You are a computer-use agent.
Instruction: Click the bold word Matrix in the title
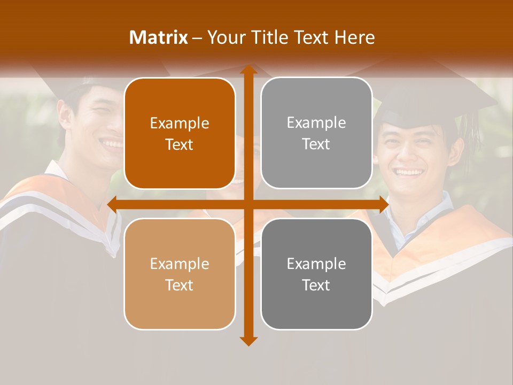pyautogui.click(x=158, y=37)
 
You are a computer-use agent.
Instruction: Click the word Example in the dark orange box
pyautogui.click(x=180, y=124)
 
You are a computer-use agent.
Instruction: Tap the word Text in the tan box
pyautogui.click(x=180, y=285)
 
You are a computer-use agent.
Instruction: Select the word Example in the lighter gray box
pyautogui.click(x=316, y=123)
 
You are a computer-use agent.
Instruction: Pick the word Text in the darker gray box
pyautogui.click(x=316, y=285)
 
